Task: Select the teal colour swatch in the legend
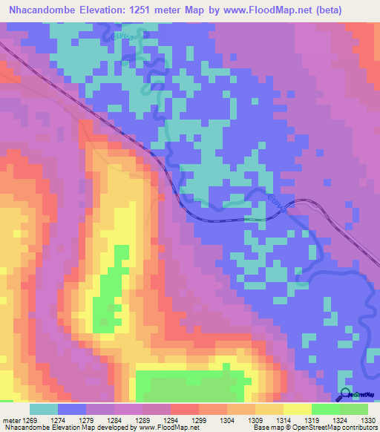click(43, 409)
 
